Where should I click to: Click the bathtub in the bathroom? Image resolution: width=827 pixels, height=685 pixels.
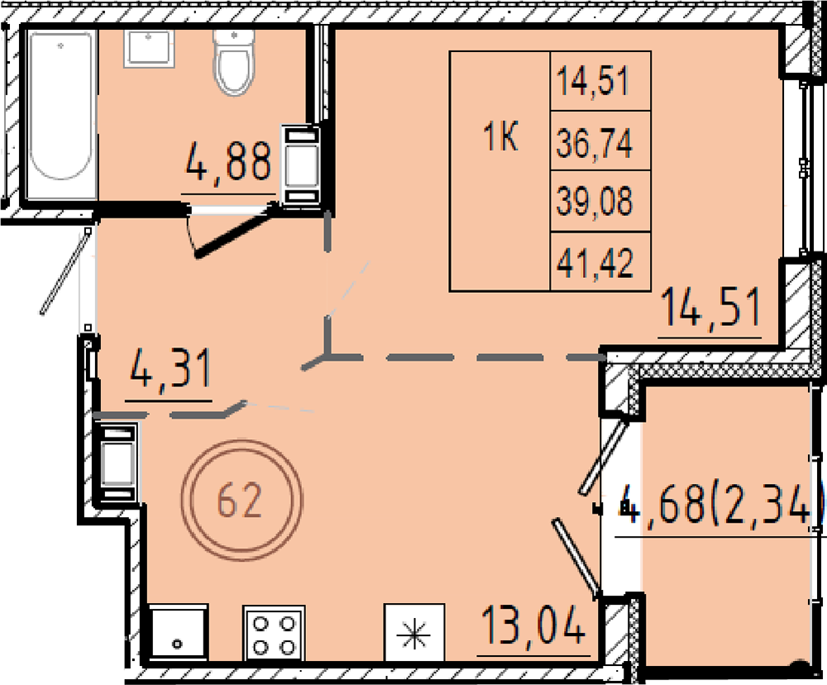[x=61, y=113]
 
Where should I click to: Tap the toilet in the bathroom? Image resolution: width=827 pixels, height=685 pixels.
[x=234, y=63]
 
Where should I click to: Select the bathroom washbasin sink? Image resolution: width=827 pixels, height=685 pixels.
[x=149, y=49]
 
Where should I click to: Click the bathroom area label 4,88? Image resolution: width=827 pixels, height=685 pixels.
[x=228, y=160]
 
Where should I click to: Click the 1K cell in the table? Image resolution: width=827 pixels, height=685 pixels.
[x=500, y=171]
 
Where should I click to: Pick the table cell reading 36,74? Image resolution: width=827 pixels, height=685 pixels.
[x=600, y=141]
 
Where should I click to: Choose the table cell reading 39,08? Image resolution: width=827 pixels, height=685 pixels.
[x=600, y=201]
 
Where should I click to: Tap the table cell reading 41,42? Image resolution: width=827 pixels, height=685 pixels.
[x=600, y=261]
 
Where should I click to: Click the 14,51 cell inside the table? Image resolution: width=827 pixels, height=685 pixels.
[x=600, y=81]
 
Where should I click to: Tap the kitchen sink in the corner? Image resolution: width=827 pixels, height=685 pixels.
[x=178, y=633]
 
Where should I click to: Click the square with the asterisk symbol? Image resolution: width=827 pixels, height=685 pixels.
[x=414, y=633]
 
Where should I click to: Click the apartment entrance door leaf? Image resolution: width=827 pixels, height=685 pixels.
[x=65, y=271]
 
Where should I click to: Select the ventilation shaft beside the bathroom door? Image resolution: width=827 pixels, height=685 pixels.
[x=301, y=164]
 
